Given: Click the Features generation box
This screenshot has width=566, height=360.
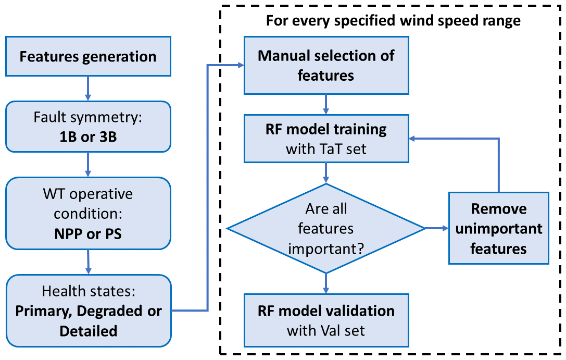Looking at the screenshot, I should tap(88, 56).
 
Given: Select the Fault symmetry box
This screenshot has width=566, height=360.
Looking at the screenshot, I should tap(88, 127).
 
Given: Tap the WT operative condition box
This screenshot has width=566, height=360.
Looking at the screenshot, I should tap(88, 214).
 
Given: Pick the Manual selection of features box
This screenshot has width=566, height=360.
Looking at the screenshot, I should tap(326, 65).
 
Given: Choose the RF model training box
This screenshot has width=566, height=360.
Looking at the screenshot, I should tap(326, 139).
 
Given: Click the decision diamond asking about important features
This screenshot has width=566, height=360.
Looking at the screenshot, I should tap(326, 228).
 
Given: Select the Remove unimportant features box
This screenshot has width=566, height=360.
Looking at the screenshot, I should tap(498, 228).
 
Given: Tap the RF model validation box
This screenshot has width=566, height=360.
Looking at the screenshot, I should tap(326, 320).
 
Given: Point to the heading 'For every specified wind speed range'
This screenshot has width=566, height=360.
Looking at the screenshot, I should tap(393, 21).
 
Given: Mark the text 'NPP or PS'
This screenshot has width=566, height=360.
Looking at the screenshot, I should tap(88, 233).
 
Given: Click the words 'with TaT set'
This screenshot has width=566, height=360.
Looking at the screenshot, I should tap(326, 149).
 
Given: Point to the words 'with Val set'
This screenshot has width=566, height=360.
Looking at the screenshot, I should tap(326, 330).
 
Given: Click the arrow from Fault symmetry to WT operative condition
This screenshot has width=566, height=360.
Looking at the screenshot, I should tap(88, 165).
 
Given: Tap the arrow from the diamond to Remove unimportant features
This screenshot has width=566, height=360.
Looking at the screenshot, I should tap(436, 228).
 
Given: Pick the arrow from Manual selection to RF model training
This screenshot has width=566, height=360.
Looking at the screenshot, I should tap(326, 103).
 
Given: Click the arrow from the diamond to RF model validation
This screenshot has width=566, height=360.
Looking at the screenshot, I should tap(326, 282).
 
